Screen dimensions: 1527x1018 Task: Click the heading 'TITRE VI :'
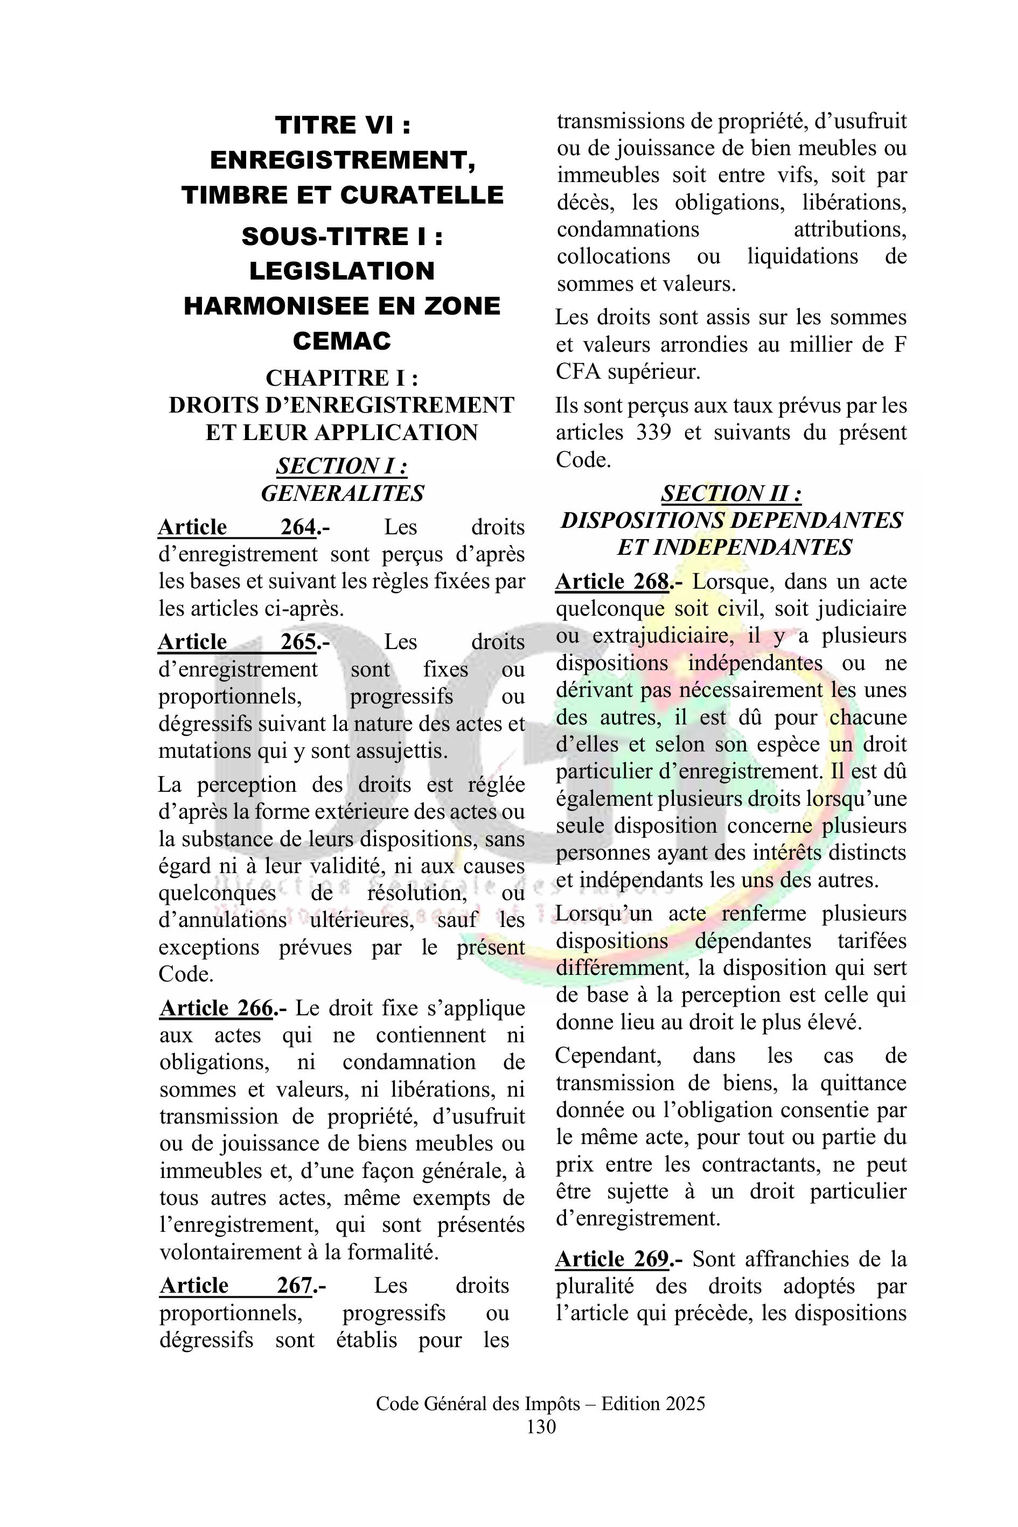coord(342,124)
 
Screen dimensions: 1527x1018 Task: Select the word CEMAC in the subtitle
coord(342,340)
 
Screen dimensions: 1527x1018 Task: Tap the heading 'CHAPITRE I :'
coord(342,378)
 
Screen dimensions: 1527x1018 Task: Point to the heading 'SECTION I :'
coord(342,465)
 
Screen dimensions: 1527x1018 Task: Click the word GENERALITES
coord(342,493)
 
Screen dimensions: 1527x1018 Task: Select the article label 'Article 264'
coord(238,527)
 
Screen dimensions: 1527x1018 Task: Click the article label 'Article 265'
coord(238,642)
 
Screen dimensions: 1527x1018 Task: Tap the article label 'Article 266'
coord(216,1008)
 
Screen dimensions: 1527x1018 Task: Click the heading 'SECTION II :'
coord(731,493)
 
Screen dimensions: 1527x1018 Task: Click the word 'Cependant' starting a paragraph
coord(608,1056)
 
